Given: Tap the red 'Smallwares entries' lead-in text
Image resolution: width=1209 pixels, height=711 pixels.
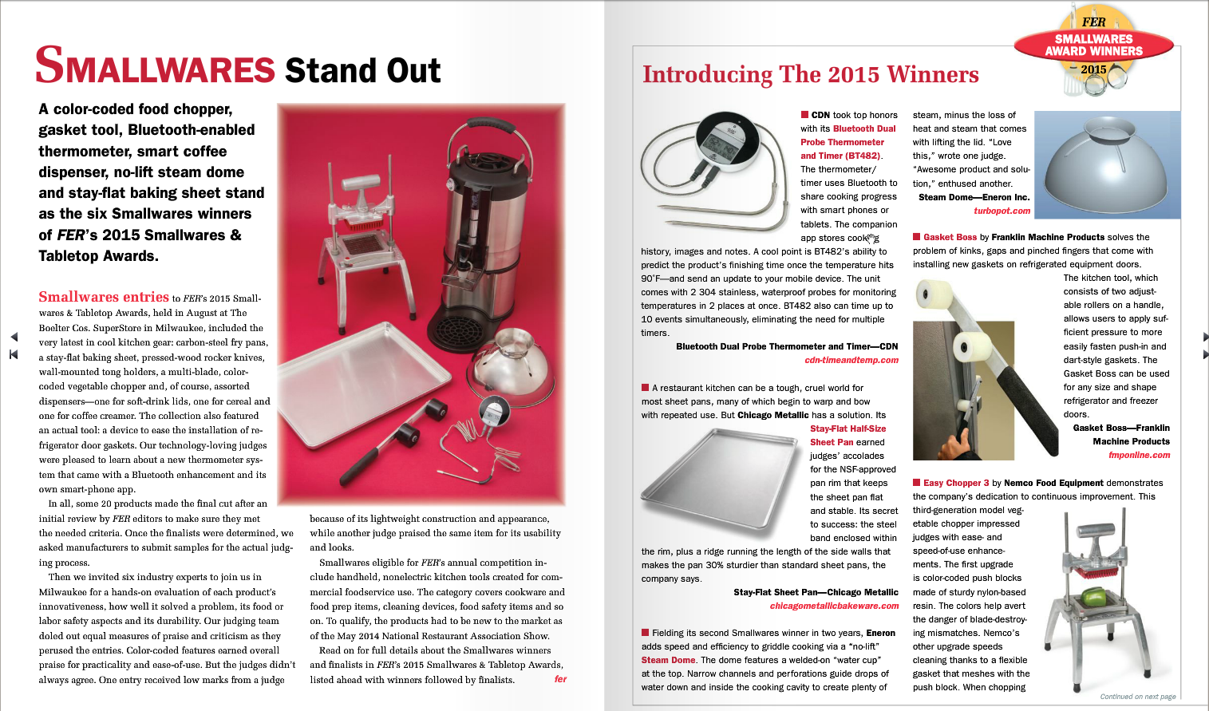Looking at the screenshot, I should click(x=104, y=297).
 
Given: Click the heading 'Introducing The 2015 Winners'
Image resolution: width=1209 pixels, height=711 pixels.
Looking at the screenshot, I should click(x=810, y=74).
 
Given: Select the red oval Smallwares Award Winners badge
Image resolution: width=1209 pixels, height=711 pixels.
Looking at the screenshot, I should click(x=1093, y=45).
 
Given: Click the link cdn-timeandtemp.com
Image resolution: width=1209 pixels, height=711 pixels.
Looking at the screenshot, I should click(x=851, y=360).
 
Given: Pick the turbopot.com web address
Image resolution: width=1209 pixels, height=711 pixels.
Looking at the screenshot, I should click(x=1002, y=211).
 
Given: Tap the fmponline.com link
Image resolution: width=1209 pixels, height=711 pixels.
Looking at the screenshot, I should click(x=1139, y=455).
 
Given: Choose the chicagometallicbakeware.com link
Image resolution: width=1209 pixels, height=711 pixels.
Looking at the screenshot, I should click(x=834, y=606).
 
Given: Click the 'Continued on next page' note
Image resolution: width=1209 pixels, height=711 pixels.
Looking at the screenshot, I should click(x=1137, y=697).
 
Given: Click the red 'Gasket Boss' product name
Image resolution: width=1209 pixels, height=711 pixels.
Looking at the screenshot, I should click(x=950, y=237).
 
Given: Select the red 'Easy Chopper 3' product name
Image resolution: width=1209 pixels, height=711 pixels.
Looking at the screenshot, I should click(x=956, y=483).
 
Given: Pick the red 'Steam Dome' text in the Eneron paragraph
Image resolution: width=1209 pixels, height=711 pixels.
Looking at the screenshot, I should click(x=668, y=660).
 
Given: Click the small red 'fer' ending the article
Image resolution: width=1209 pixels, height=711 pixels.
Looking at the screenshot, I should click(x=560, y=679).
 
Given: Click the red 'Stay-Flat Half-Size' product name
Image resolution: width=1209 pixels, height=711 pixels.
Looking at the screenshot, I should click(x=847, y=429).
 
